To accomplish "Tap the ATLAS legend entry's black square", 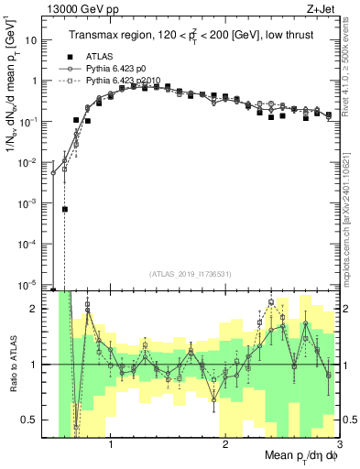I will [x=69, y=56].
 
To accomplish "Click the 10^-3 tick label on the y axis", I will [x=34, y=203].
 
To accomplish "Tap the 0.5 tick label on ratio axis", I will [x=34, y=420].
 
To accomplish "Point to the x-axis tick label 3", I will [x=338, y=446].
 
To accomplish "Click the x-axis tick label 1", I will [x=111, y=446].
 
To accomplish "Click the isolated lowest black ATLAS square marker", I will [x=65, y=209].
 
